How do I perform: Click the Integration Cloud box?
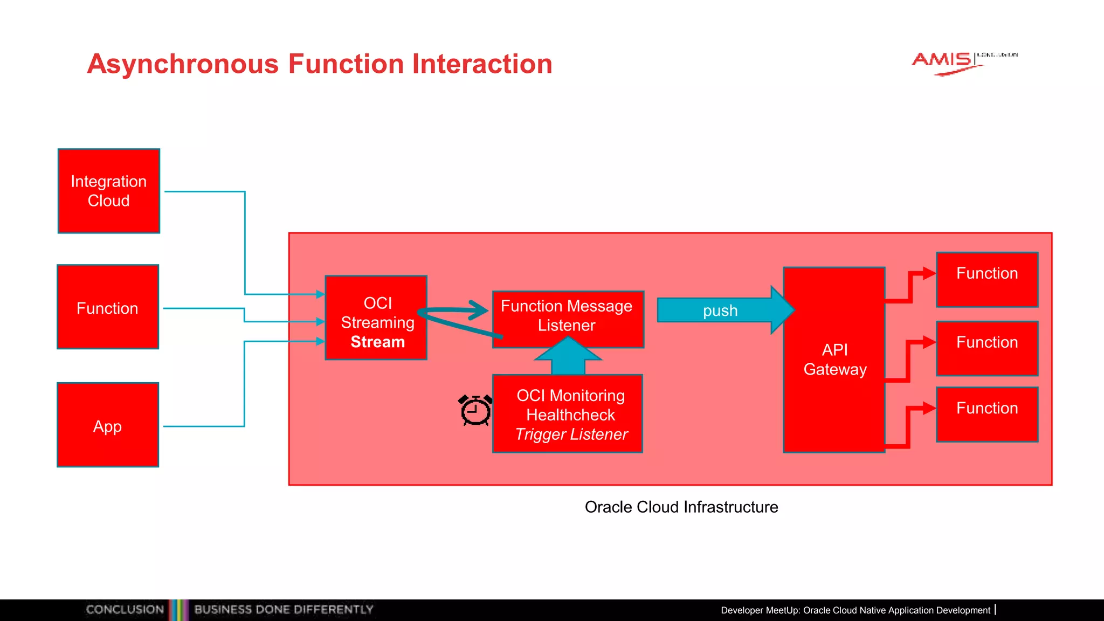click(x=108, y=191)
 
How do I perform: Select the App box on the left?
click(x=108, y=425)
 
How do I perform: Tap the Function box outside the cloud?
click(x=108, y=307)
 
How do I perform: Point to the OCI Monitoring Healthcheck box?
click(x=568, y=414)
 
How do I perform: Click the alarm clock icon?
click(x=475, y=410)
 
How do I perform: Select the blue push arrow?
click(x=722, y=310)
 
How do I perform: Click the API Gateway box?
click(x=834, y=360)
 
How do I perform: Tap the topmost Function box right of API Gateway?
click(x=987, y=279)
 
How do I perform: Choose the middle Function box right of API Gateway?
click(x=987, y=348)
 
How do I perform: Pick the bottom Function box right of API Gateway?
click(x=987, y=414)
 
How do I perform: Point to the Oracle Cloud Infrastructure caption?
click(x=681, y=507)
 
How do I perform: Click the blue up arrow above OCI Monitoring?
click(x=568, y=356)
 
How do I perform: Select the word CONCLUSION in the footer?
click(x=125, y=610)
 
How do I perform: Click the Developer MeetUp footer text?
click(x=855, y=610)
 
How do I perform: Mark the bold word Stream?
click(x=377, y=342)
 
